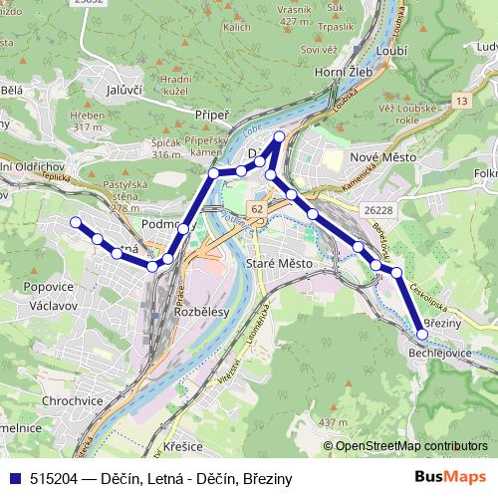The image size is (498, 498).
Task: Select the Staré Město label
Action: coord(278,263)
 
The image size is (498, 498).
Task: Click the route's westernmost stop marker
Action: coord(75,222)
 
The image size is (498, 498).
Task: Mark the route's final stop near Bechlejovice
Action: coord(422,335)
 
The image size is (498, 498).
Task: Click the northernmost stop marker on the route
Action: coord(279,135)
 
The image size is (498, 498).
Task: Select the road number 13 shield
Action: coord(460,101)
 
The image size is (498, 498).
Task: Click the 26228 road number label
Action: coord(379,210)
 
